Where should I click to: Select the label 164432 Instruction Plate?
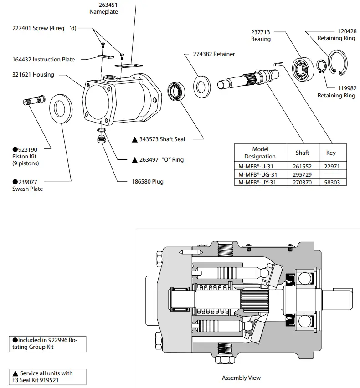coord(43,60)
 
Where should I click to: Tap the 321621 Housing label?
coord(33,75)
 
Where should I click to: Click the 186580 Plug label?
coord(147,182)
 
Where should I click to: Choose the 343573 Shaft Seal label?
coord(162,139)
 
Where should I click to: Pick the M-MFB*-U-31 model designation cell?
coord(260,167)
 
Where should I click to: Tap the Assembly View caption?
coord(241,378)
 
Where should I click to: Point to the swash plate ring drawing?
coord(60,110)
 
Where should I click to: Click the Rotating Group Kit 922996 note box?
coord(47,343)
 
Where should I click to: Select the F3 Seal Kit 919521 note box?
coord(47,376)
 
